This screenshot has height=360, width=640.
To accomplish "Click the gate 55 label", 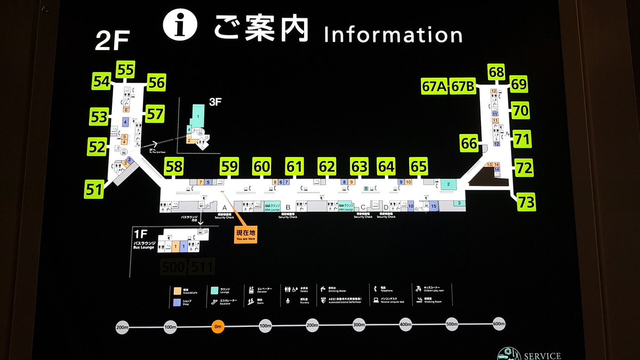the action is pos(126,70).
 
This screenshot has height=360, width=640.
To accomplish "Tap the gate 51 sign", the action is pos(94,188).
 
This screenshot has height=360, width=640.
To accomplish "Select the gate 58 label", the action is pos(174,166).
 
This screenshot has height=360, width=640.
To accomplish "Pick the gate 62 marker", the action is pos(326,166).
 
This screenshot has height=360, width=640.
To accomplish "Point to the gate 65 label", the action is pos(419,166).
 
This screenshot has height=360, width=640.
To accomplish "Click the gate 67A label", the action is pos(434,86).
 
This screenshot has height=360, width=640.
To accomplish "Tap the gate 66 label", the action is pos(469,143).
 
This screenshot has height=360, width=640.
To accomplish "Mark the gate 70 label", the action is pos(521,111).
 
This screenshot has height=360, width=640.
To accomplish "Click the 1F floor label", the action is pos(140,233).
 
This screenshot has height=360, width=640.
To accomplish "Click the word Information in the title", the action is pos(393,35).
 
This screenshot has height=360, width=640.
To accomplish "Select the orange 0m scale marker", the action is pos(218,326).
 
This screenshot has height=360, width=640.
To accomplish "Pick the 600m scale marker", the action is pos(498,325).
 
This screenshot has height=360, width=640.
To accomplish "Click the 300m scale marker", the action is pos(358,325).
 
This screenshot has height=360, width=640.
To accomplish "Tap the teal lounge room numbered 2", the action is pos(449,185).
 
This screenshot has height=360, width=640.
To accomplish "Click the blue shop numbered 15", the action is pos(434,206).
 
